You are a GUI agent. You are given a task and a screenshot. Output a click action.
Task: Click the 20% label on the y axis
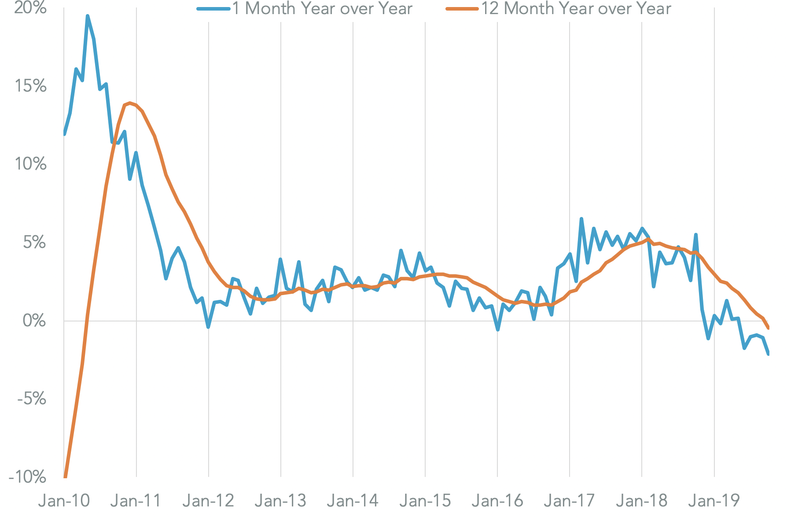[x=30, y=7]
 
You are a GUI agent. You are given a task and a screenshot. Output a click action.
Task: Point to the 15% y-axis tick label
[x=30, y=86]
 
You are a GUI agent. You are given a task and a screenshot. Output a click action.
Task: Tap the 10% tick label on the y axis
[x=30, y=164]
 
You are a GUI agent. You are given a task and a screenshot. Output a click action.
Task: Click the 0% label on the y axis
[x=34, y=321]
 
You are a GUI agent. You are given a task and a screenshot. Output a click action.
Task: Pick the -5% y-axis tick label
[x=32, y=399]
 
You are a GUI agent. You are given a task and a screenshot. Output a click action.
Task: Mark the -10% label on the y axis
[x=28, y=477]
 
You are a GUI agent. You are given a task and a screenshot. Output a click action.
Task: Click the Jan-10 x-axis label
[x=64, y=501]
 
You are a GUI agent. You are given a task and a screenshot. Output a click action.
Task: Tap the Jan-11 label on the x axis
[x=136, y=501]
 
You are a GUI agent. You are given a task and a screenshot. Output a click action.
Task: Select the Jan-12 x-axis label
[x=208, y=501]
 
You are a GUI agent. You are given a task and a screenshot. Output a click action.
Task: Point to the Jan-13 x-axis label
[x=280, y=501]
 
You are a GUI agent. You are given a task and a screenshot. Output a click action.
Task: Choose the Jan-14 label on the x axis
[x=353, y=501]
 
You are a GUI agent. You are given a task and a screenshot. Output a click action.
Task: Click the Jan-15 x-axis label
[x=425, y=501]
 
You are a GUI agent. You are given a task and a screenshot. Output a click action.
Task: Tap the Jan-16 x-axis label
[x=497, y=501]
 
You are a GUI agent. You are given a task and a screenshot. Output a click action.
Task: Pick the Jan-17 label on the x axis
[x=569, y=501]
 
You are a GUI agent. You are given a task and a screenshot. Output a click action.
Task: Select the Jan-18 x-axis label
[x=641, y=501]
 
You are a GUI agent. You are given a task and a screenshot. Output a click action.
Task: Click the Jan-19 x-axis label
[x=713, y=501]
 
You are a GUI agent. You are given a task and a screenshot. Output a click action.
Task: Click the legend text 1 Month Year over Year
[x=322, y=9]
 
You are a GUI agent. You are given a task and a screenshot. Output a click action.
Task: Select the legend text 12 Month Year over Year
[x=576, y=9]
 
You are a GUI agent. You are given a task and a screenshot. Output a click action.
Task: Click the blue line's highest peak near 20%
[x=88, y=16]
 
